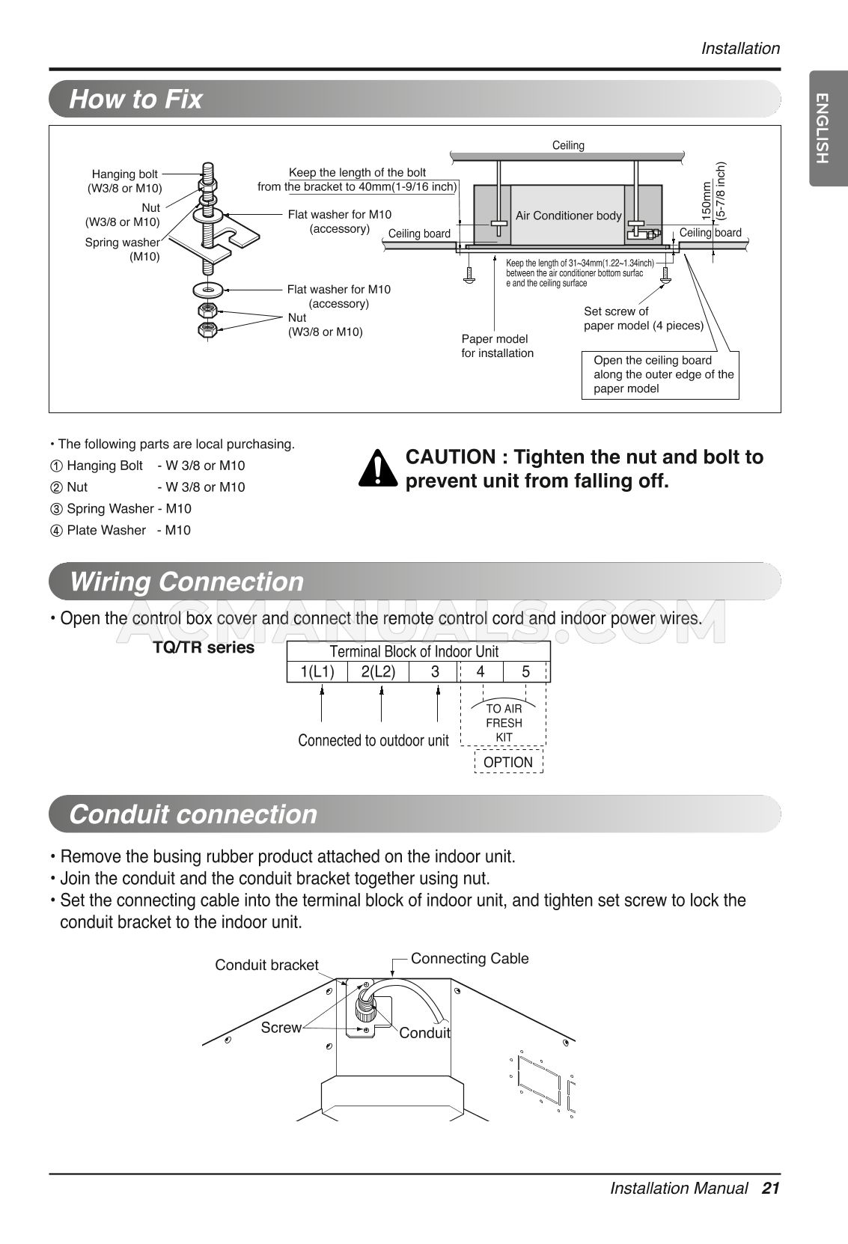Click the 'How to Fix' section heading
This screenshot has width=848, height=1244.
point(135,99)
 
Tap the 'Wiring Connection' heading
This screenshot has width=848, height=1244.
point(186,582)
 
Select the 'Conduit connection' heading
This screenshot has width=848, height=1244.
point(192,814)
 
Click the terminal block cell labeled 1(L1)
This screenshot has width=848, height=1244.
point(317,671)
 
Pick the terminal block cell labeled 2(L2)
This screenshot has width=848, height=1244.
point(378,671)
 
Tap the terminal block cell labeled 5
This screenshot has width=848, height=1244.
point(525,671)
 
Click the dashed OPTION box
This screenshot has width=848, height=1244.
point(508,762)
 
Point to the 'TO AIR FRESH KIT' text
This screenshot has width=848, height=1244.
point(504,722)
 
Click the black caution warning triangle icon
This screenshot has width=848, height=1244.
point(379,469)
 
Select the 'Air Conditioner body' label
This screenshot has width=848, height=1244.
point(568,216)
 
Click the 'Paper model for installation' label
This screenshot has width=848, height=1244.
point(497,346)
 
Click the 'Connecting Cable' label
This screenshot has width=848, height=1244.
point(469,958)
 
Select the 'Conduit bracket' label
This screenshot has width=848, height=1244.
point(266,965)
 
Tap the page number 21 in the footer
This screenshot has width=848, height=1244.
point(771,1188)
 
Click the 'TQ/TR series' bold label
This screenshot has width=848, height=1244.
point(204,647)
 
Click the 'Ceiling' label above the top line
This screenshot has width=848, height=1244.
point(568,145)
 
